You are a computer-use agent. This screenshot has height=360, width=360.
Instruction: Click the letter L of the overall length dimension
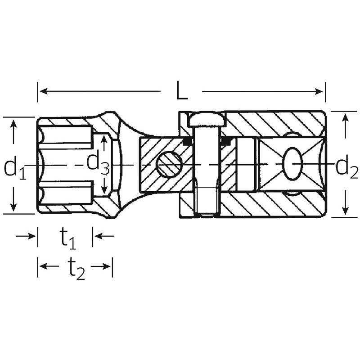point(181,91)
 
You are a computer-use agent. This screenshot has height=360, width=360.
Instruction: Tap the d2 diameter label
point(346,167)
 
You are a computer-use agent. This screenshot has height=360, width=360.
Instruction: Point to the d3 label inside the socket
point(97,163)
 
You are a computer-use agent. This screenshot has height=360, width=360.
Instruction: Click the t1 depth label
point(67,238)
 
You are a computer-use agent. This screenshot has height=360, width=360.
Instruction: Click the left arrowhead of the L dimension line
point(42,91)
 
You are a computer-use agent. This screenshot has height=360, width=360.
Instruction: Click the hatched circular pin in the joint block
point(169,164)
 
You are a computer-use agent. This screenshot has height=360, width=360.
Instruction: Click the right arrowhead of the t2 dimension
point(108,266)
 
